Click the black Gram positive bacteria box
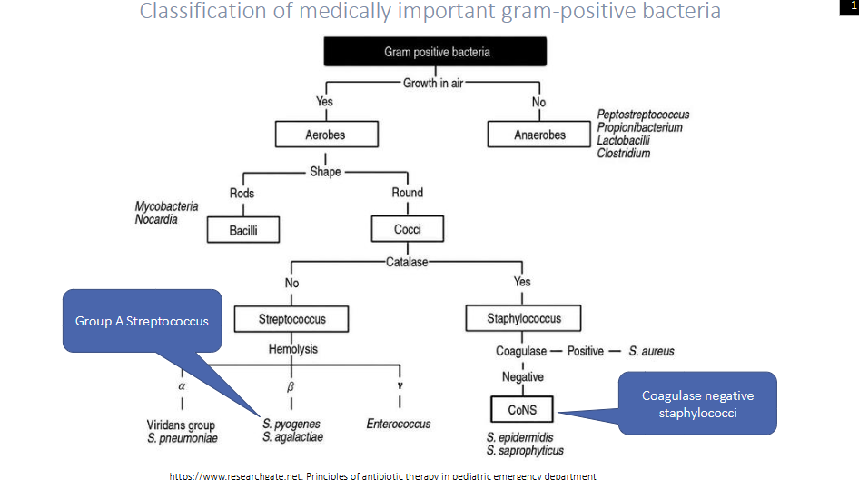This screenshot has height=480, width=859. [436, 52]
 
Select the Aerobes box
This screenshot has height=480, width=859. [325, 135]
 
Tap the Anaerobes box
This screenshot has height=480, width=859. [539, 135]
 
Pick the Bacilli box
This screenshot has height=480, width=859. [242, 230]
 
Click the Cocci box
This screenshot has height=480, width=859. [407, 229]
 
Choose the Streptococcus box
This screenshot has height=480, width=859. [291, 319]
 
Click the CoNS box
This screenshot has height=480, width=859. [522, 410]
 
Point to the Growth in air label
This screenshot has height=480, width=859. [432, 83]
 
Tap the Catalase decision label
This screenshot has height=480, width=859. [406, 262]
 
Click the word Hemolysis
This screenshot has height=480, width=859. [292, 349]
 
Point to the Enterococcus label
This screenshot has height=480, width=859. [399, 424]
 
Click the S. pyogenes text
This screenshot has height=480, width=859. [291, 424]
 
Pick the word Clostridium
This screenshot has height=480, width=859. [623, 154]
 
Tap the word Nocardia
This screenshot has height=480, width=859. [156, 219]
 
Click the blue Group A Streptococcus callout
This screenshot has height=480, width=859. [142, 320]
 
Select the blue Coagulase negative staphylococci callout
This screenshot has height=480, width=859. [697, 403]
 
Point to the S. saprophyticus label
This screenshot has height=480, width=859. [525, 450]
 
